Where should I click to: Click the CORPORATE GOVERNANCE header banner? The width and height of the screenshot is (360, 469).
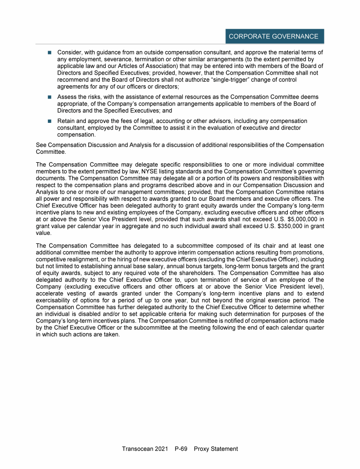click(x=273, y=37)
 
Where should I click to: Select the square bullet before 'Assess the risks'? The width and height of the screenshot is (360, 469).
click(x=49, y=97)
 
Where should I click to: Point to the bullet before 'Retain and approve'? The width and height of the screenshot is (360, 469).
click(x=49, y=121)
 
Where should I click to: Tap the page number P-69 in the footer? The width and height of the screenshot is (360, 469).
click(x=180, y=449)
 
